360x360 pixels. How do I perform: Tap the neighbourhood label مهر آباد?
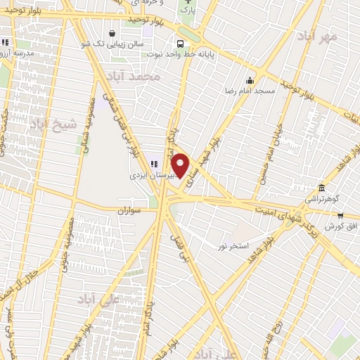[318, 35]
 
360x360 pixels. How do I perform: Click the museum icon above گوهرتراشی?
[321, 188]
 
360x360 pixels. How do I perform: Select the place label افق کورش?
[342, 226]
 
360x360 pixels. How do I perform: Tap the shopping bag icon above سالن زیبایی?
[112, 33]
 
